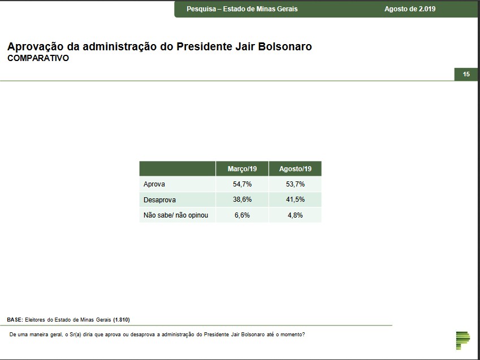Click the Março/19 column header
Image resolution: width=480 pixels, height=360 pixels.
pos(242,169)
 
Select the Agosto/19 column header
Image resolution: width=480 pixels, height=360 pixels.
pos(295,169)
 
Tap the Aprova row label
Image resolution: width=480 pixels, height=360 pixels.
pos(154,184)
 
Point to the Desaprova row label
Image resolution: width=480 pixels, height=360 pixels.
pos(160,200)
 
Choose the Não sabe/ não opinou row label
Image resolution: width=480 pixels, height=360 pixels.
pos(172,215)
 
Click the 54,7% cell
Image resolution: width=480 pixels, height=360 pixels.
pos(242,184)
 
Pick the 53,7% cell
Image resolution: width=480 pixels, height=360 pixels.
pos(295,184)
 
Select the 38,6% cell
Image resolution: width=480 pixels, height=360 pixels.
pos(242,200)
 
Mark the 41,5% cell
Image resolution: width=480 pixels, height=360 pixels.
pos(295,200)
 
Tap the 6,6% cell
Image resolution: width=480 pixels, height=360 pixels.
pos(242,215)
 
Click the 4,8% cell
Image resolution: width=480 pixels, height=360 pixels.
pos(295,215)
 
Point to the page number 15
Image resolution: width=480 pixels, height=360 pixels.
pos(466,74)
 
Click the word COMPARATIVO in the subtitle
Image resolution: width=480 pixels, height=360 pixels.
pos(38,58)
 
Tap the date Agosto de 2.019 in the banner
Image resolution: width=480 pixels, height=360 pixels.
pos(410,9)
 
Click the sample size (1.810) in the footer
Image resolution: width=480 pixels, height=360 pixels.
pos(122,319)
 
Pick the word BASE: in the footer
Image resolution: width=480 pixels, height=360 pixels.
pos(15,319)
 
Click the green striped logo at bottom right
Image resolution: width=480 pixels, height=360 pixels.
pos(462,339)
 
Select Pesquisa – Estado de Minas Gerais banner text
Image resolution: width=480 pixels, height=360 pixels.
pos(242,9)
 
